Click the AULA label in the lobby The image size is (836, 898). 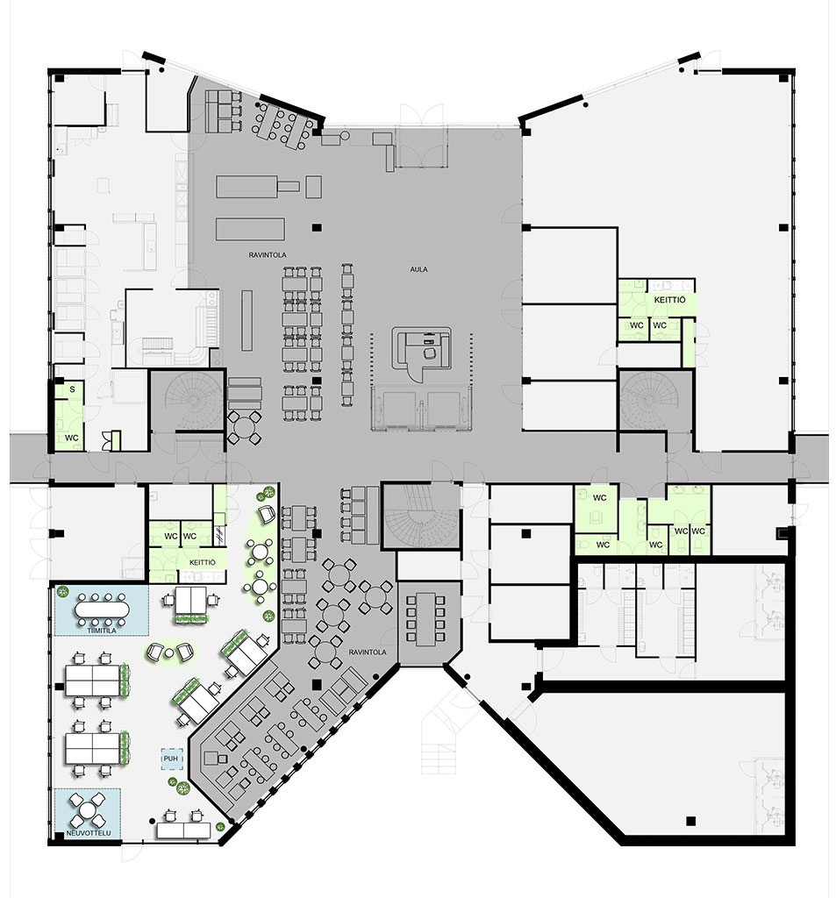[418, 269]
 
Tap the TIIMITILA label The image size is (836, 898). [102, 631]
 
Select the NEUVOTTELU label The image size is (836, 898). [89, 833]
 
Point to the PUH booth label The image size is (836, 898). [171, 759]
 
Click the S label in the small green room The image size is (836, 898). [72, 389]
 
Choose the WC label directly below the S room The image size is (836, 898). [72, 438]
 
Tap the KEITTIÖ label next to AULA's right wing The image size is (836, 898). [669, 300]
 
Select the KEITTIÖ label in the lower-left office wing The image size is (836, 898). [203, 562]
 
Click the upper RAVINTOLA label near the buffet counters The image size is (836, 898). [267, 255]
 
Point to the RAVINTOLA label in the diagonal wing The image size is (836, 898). [368, 652]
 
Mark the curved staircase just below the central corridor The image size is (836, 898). [422, 517]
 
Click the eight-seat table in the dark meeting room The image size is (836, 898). [425, 618]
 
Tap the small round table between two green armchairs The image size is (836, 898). [169, 652]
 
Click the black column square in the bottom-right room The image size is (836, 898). [691, 821]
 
